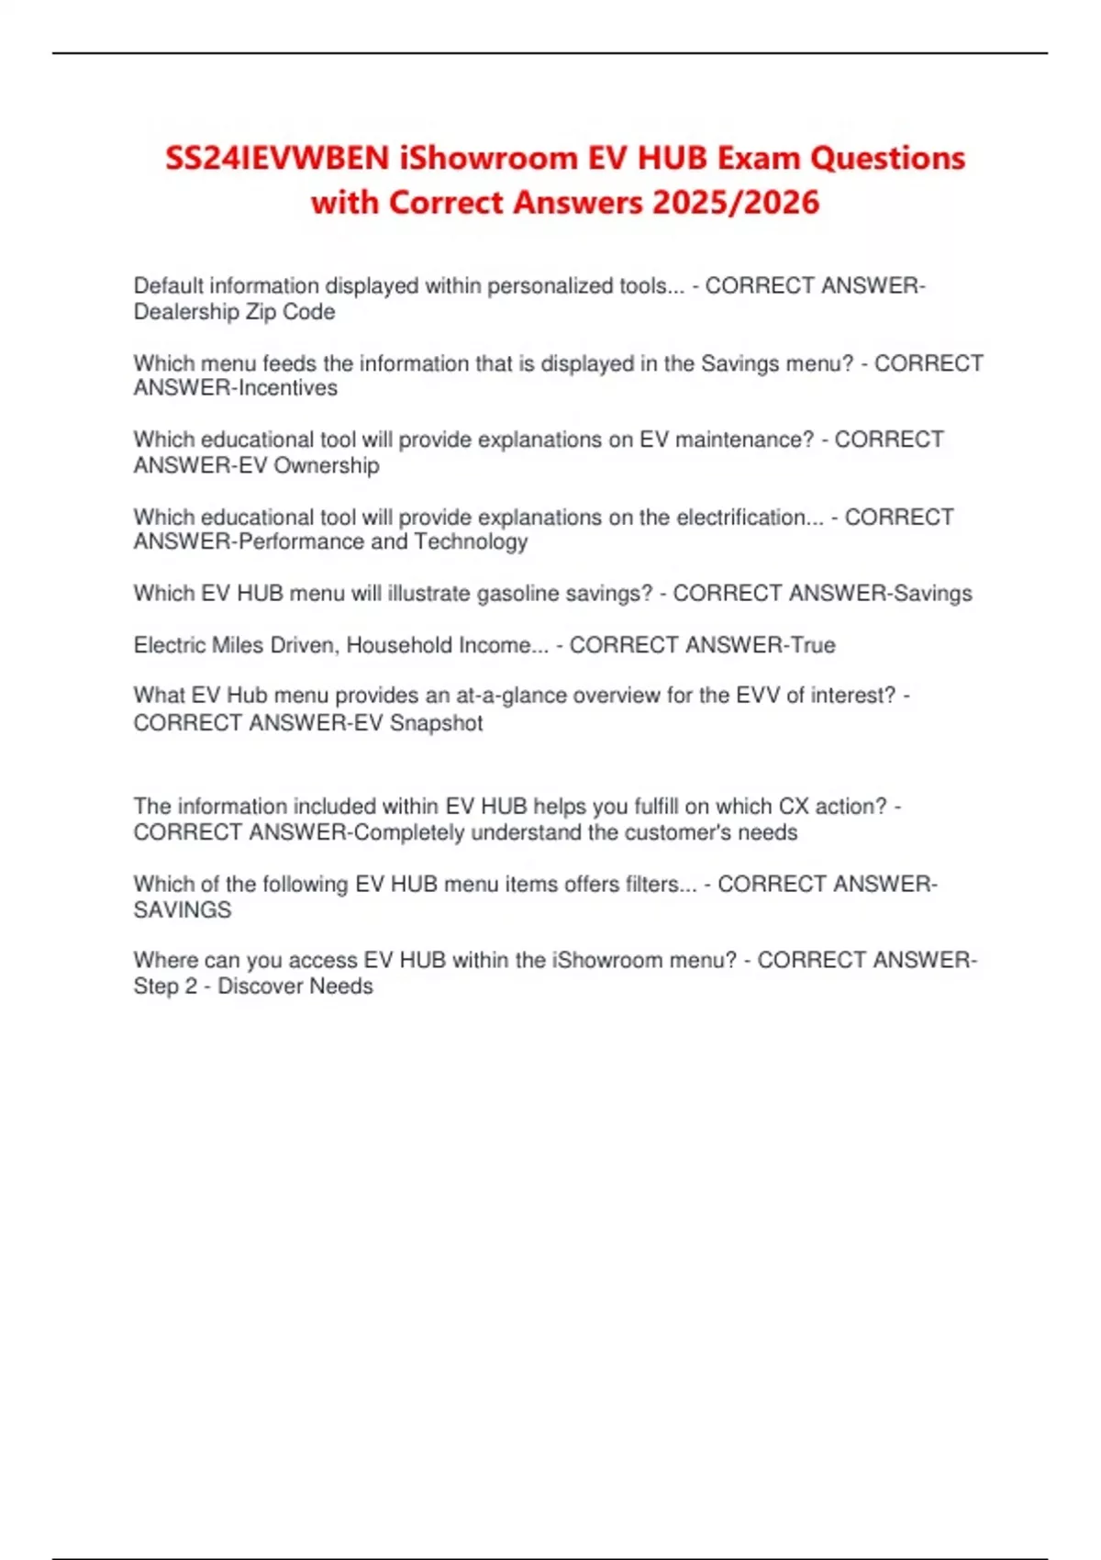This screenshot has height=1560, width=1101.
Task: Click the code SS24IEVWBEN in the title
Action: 277,159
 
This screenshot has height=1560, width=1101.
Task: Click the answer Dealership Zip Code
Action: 234,312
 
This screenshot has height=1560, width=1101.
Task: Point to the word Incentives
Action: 287,388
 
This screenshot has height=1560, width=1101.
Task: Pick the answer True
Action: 813,645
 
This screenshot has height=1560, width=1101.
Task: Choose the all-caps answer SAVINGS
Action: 183,910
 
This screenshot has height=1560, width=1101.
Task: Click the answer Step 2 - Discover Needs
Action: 253,986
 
